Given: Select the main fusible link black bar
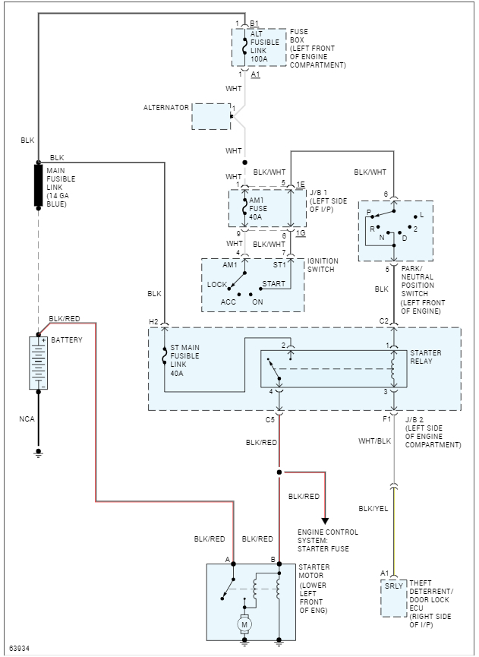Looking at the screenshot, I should coord(38,185).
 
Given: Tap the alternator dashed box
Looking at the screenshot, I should coord(211,116).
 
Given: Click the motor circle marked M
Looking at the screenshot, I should coord(244,624).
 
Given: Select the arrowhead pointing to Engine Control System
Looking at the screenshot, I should coord(326,520).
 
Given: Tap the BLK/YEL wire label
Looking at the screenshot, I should coord(374,509).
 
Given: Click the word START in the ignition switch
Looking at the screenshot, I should coord(273,284).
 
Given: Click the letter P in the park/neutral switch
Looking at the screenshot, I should coord(368,212).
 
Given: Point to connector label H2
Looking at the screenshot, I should coord(154,322).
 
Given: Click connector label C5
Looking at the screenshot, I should coord(269,419).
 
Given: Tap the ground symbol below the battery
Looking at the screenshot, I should coord(38,453).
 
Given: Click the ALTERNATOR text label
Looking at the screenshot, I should coord(165,108).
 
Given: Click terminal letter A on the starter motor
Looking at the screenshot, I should coord(227,560).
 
